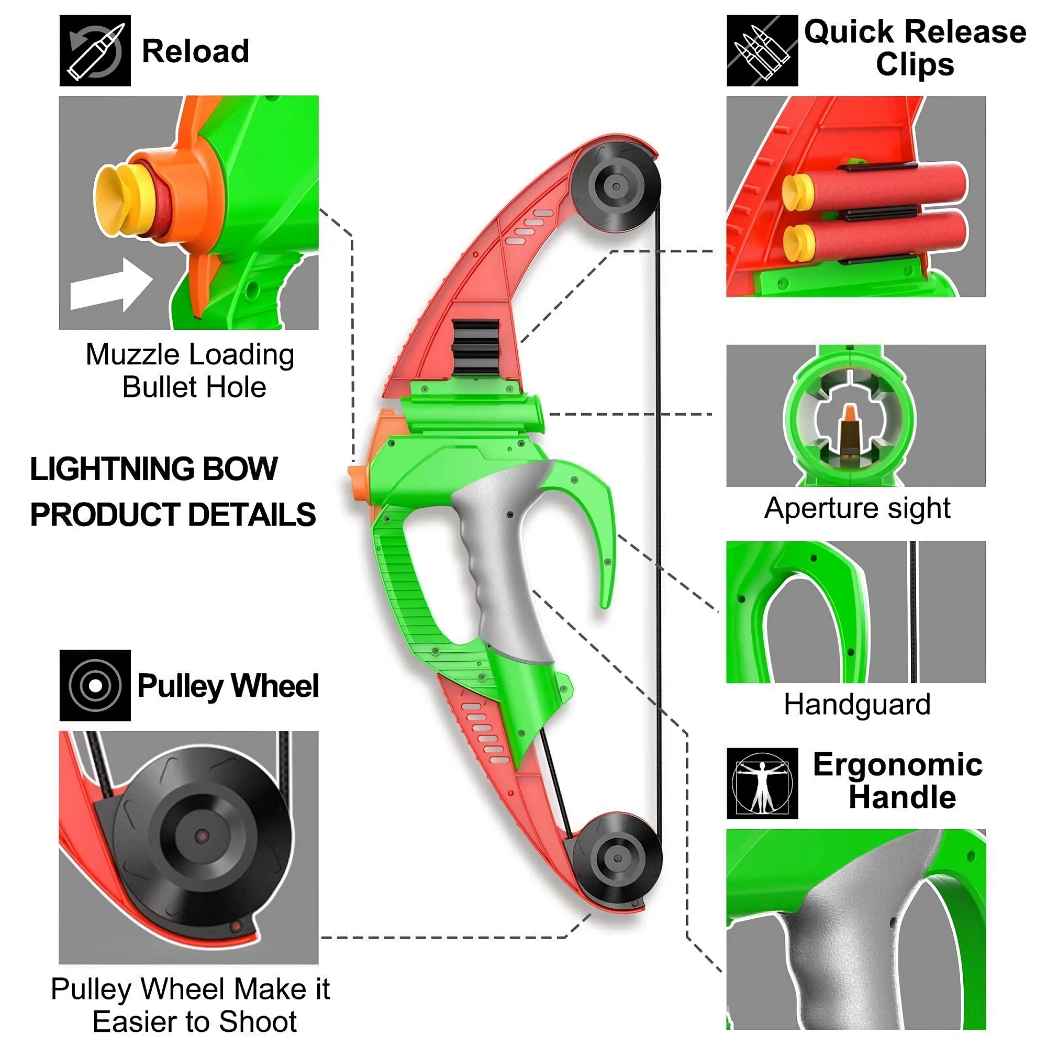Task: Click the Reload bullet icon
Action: (95, 50)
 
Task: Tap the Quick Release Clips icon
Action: (761, 50)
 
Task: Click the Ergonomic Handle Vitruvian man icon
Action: (762, 783)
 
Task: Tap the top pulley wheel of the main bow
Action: (616, 186)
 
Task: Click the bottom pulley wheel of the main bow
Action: (617, 859)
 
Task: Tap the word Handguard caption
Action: (857, 705)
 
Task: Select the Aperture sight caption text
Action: (857, 508)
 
